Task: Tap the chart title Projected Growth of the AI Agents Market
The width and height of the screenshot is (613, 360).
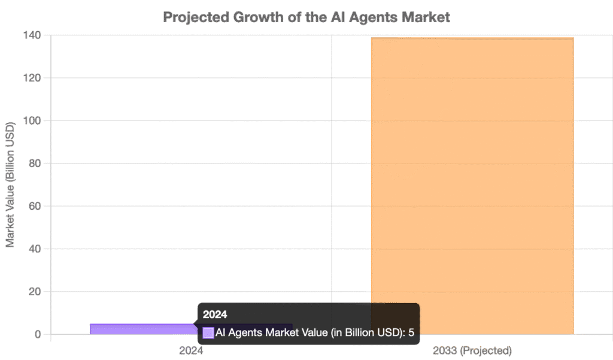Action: click(306, 17)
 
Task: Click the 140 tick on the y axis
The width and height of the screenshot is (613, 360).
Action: click(32, 35)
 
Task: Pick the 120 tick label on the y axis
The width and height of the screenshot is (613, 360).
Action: click(32, 78)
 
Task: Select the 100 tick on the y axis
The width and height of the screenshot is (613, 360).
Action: click(32, 121)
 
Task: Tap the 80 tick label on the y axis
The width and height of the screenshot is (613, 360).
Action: click(35, 164)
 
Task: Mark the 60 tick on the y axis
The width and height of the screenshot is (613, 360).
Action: click(35, 206)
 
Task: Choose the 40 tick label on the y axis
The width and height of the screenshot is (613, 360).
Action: click(35, 249)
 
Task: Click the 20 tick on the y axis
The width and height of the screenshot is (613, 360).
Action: click(35, 292)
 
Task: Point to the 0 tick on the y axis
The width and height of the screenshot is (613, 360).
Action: click(38, 334)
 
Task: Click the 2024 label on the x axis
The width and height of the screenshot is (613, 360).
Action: click(191, 350)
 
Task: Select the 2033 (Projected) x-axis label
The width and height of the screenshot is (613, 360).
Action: click(472, 350)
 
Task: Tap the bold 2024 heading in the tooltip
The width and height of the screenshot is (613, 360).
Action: click(215, 314)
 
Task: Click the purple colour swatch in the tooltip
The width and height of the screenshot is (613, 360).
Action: click(208, 333)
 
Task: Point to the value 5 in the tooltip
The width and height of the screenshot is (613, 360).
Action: click(411, 333)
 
